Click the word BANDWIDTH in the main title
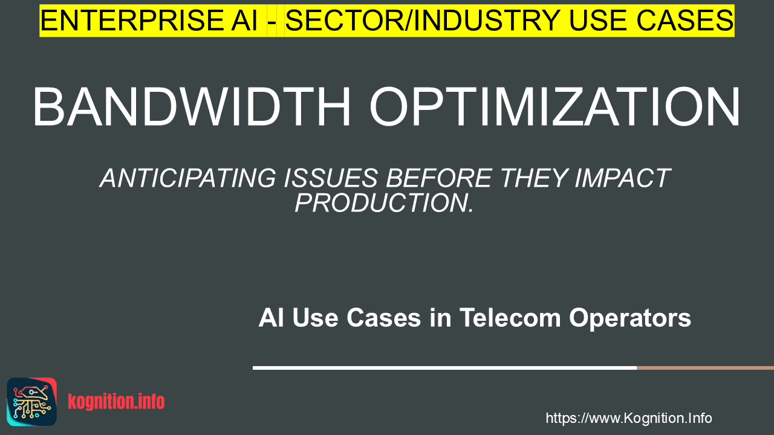(x=192, y=107)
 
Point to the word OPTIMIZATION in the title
(x=554, y=107)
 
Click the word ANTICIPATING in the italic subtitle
(x=188, y=178)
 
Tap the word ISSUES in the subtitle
(x=331, y=178)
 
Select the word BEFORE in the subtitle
(x=439, y=178)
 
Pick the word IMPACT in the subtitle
(x=623, y=178)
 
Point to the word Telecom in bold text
(x=510, y=318)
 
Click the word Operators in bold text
(x=630, y=318)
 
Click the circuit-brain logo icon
(x=32, y=402)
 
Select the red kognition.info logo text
(x=116, y=402)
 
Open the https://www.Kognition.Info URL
(x=629, y=419)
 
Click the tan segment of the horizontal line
(x=705, y=368)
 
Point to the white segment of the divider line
(x=444, y=368)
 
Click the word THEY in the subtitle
(x=533, y=178)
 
